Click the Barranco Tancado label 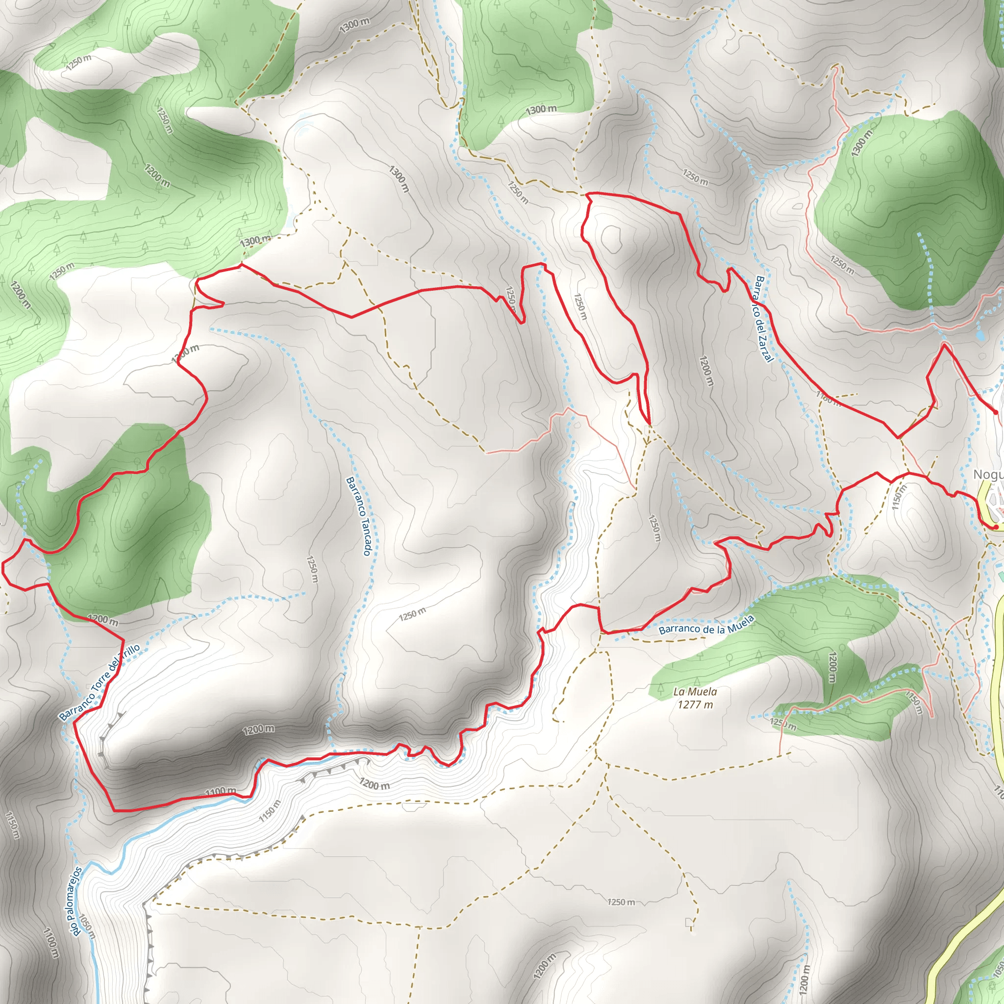point(358,516)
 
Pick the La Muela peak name point(695,692)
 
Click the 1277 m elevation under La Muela point(695,704)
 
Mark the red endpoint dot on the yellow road point(995,527)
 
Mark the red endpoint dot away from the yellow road point(995,412)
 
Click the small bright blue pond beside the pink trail point(979,335)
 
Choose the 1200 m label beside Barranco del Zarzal point(706,371)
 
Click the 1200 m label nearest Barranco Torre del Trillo point(102,620)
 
